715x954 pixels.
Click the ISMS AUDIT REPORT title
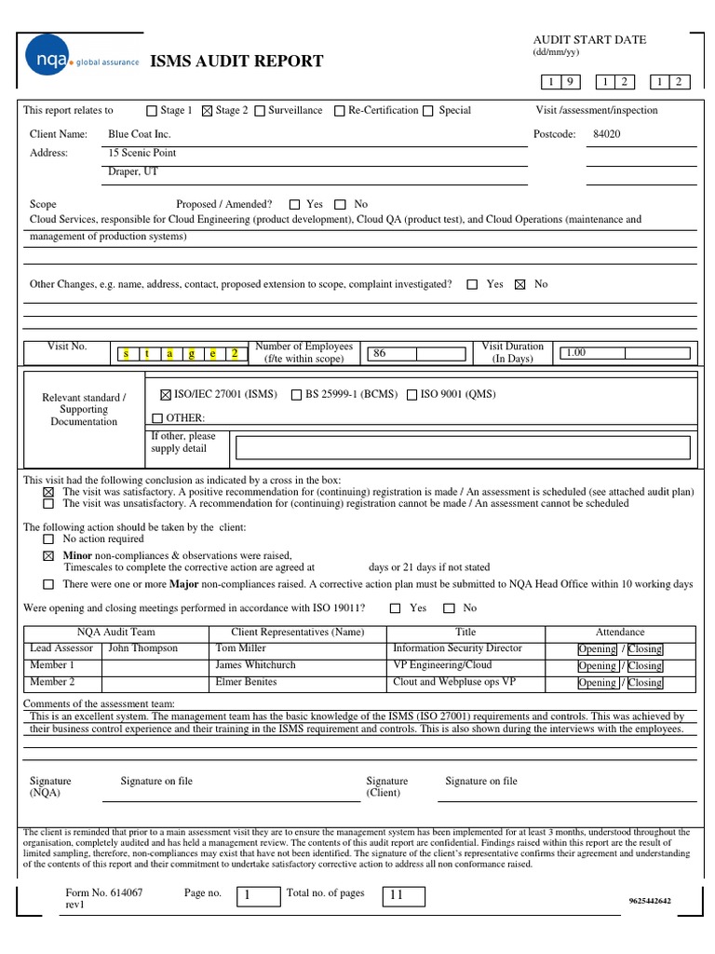(x=236, y=61)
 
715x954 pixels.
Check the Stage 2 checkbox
(x=207, y=111)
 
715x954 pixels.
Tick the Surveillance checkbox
(x=259, y=111)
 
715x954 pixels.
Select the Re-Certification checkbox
(x=340, y=111)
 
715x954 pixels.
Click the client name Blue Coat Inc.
(x=140, y=134)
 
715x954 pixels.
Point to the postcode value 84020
(x=606, y=134)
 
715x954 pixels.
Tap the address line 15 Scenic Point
(x=142, y=153)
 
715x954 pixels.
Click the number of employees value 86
(x=379, y=354)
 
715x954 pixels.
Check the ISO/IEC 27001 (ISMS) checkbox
(x=166, y=395)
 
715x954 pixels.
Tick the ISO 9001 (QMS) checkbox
(x=411, y=395)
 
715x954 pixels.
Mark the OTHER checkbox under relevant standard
(x=156, y=418)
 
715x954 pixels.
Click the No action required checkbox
(x=48, y=539)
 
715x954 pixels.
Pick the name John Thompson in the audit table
(x=142, y=648)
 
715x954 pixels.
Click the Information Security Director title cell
(x=457, y=648)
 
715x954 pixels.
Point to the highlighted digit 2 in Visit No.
(x=235, y=354)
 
